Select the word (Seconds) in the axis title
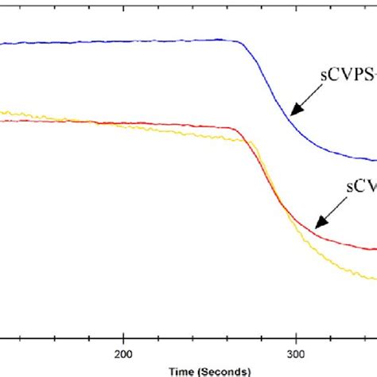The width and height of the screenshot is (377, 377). pyautogui.click(x=225, y=371)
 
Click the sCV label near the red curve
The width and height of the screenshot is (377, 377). pyautogui.click(x=362, y=185)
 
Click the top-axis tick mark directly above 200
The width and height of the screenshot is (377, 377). pyautogui.click(x=123, y=3)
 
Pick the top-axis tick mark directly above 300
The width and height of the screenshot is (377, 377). pyautogui.click(x=296, y=3)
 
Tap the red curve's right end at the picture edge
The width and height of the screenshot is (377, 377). pyautogui.click(x=375, y=249)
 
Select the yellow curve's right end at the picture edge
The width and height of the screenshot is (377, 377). pyautogui.click(x=375, y=279)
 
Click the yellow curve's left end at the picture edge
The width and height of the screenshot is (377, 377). pyautogui.click(x=2, y=112)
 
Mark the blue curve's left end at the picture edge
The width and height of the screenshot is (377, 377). pyautogui.click(x=2, y=45)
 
